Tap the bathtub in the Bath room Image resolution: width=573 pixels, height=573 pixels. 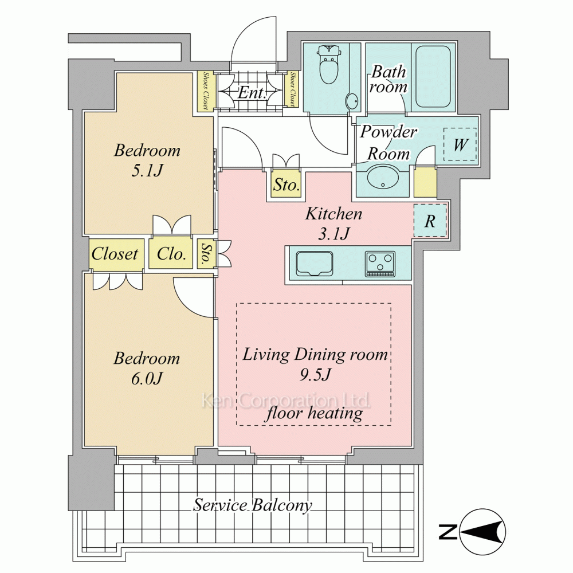(x=433, y=76)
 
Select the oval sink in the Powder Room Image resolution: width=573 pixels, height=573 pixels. (x=383, y=178)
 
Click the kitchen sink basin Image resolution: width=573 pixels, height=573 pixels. (x=314, y=264)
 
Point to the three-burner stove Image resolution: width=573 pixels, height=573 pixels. (x=380, y=264)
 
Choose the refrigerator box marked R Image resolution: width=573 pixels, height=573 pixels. (x=430, y=221)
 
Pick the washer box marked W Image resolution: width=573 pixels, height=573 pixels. (x=460, y=144)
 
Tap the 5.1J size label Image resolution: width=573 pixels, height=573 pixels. (x=147, y=170)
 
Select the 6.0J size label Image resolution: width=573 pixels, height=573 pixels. (x=147, y=378)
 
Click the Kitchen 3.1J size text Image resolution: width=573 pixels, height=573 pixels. (x=334, y=233)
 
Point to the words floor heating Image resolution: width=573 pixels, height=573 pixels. (x=313, y=413)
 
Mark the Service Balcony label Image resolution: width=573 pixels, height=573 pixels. (x=253, y=505)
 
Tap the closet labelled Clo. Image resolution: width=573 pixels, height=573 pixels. (x=171, y=254)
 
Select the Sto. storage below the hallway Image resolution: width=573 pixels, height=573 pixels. (x=286, y=185)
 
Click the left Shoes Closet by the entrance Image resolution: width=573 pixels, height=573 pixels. (x=206, y=91)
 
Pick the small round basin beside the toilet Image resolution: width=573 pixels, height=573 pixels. (x=352, y=101)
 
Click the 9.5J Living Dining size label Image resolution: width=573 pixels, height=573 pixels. (x=315, y=375)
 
